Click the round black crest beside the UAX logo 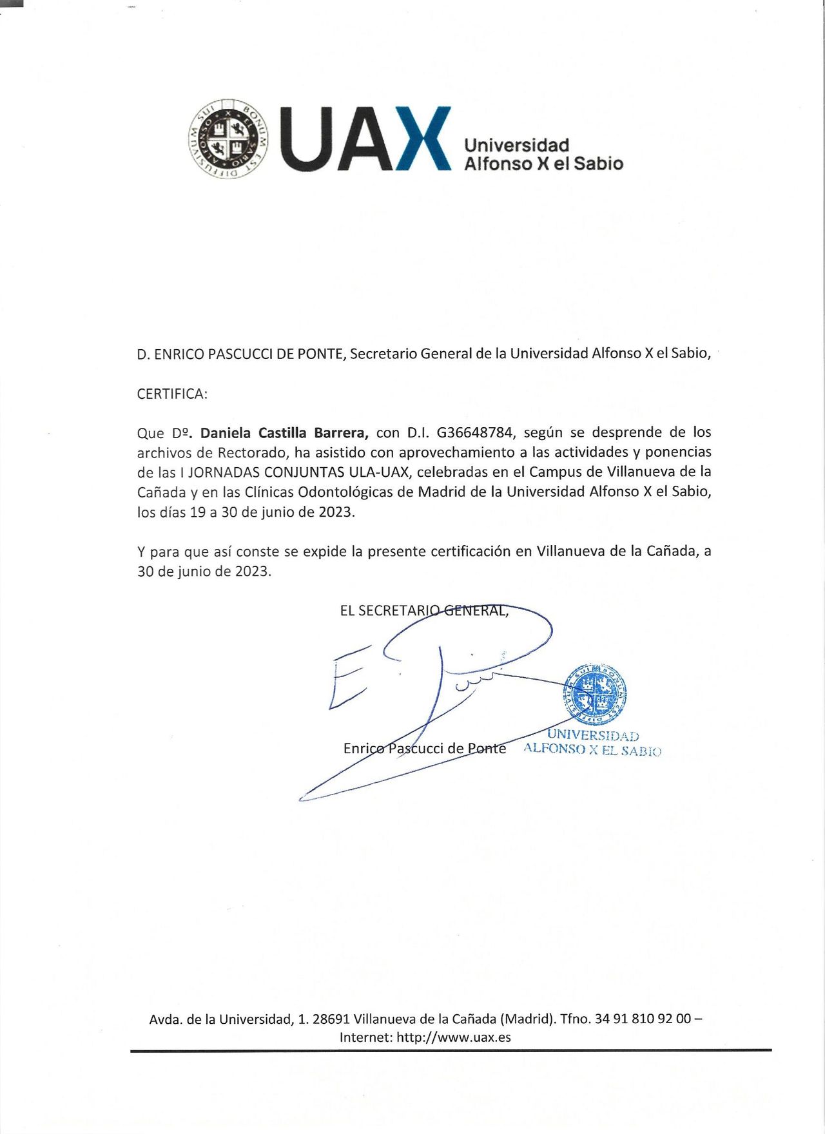point(228,139)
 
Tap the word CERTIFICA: point(172,394)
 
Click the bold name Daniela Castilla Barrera point(284,432)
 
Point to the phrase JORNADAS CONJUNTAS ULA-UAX point(298,472)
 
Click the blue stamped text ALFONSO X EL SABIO point(592,749)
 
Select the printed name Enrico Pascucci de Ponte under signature point(424,748)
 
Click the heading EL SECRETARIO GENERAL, point(424,610)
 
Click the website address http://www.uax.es point(453,1037)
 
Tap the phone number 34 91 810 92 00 point(643,1019)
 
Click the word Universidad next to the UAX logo point(516,145)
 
